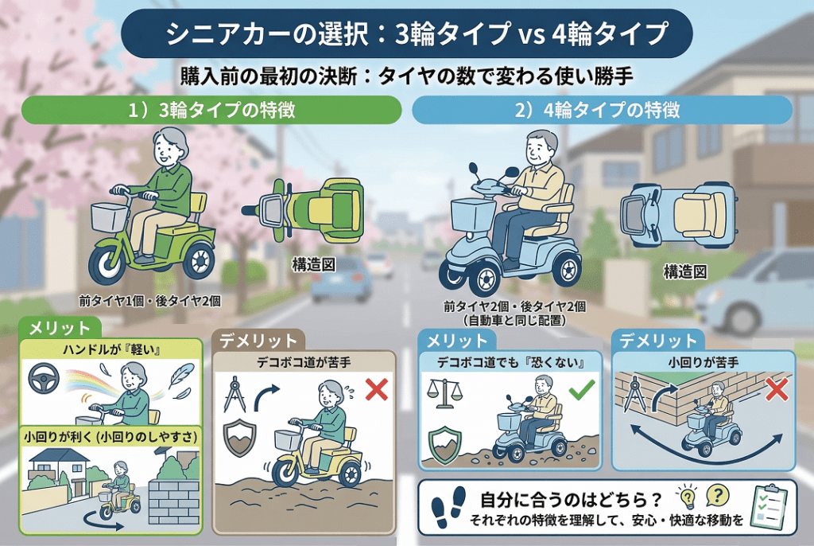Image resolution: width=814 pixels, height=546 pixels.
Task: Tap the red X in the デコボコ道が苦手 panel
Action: [x=376, y=389]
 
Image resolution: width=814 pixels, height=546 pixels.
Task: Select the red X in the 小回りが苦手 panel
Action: [x=777, y=389]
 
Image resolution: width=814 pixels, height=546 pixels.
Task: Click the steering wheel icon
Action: [x=44, y=378]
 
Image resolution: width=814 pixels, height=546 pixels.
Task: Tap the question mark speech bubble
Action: [x=717, y=497]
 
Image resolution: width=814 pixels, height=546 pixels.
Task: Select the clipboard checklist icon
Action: [x=769, y=506]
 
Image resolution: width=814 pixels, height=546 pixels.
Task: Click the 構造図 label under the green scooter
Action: [x=313, y=265]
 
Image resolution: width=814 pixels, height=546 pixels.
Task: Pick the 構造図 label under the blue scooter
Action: [x=685, y=272]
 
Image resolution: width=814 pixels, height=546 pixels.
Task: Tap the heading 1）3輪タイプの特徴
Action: [x=211, y=110]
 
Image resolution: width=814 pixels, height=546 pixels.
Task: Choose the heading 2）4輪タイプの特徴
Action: [x=597, y=110]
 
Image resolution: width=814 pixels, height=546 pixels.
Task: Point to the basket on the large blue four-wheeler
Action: [x=472, y=214]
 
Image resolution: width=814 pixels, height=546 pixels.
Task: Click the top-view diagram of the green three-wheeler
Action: [x=302, y=209]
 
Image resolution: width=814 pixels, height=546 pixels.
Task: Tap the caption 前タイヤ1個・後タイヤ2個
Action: [x=150, y=301]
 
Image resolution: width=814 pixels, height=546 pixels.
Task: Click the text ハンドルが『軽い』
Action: [x=111, y=350]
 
